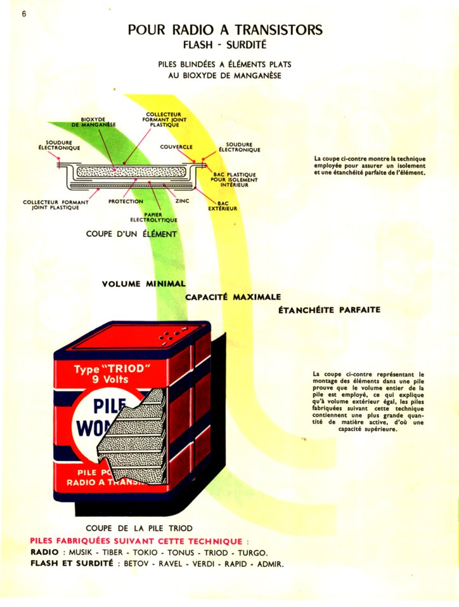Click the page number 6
(x=24, y=13)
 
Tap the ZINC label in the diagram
(x=182, y=201)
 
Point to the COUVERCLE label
(x=176, y=147)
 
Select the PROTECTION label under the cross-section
(x=126, y=201)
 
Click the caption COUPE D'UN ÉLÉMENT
(x=131, y=234)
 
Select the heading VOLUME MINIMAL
(x=143, y=283)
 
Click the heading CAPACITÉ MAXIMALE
(x=233, y=297)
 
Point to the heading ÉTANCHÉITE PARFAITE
(x=329, y=310)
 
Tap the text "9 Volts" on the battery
(x=107, y=379)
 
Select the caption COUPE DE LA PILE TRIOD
(x=139, y=528)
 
